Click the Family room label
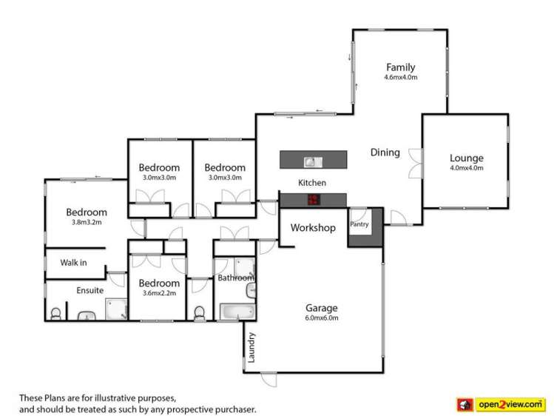[400, 67]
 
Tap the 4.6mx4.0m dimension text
[400, 77]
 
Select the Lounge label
[466, 158]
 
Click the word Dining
[385, 152]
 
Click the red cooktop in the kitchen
[313, 198]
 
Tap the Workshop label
[313, 227]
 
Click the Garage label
[322, 308]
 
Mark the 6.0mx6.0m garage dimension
[322, 318]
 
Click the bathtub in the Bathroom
[234, 312]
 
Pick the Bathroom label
[235, 278]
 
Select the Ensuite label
[89, 291]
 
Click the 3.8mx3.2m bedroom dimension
[86, 222]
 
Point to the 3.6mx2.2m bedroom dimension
[158, 292]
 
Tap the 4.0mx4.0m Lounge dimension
[466, 167]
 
